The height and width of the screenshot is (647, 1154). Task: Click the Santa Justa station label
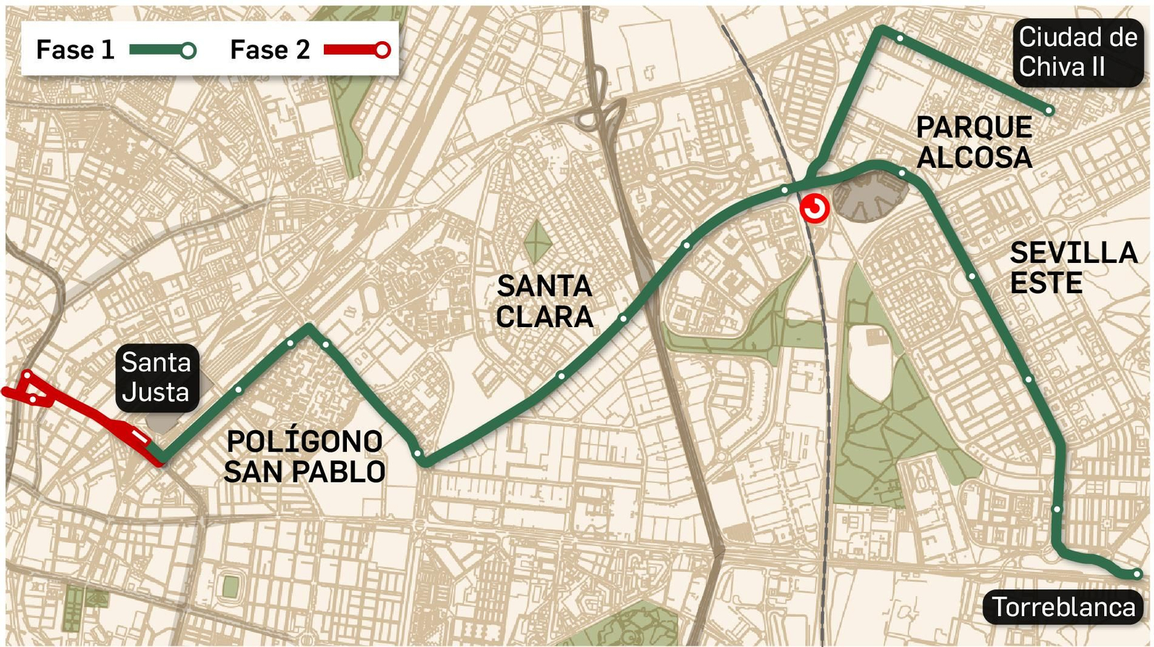pos(157,378)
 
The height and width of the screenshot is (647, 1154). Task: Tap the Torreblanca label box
pos(1063,607)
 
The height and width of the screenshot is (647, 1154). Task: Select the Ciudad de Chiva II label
pos(1078,52)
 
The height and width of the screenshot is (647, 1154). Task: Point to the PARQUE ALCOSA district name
pos(974,143)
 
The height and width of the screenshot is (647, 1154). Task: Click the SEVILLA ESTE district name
pos(1072,268)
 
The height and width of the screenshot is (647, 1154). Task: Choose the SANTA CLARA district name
pos(545,301)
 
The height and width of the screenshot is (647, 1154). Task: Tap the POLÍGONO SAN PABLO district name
pos(304,457)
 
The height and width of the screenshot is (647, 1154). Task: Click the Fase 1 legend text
pos(75,50)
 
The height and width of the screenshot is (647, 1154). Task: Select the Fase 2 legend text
pos(270,50)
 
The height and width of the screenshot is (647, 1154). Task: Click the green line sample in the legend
pos(162,50)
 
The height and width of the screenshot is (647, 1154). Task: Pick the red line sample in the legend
pos(357,50)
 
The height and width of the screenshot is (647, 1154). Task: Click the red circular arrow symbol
pos(815,209)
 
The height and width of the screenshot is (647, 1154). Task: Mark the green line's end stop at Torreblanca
pos(1137,574)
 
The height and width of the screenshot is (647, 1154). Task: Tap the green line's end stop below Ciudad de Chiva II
pos(1049,110)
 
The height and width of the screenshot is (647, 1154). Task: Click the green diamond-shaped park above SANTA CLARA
pos(537,241)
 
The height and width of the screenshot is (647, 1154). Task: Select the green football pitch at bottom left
pos(230,586)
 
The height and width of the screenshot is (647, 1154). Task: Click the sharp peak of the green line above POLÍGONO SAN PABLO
pos(309,327)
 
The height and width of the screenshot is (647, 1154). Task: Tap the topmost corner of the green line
pos(881,29)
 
